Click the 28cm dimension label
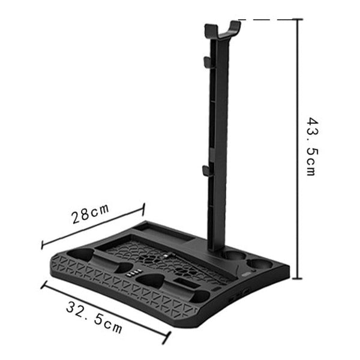click(x=90, y=215)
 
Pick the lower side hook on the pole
click(x=206, y=171)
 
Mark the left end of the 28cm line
click(x=41, y=245)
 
